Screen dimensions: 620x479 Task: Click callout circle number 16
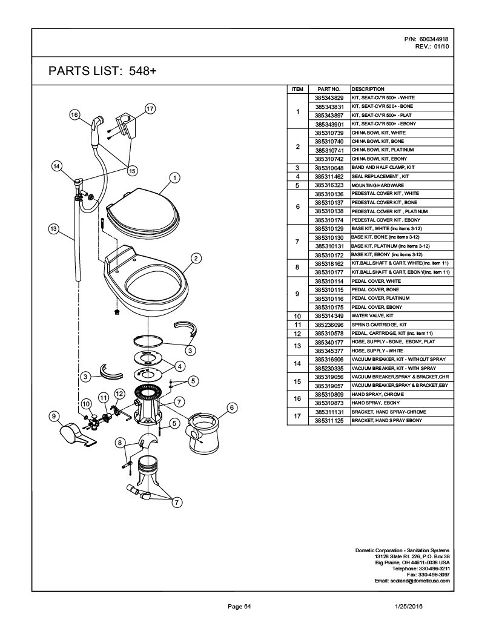75,114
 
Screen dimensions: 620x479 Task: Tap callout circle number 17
150,109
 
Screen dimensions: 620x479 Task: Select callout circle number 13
53,228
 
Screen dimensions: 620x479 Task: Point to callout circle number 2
196,259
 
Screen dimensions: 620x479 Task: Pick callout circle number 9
55,416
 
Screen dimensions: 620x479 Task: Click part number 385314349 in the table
329,316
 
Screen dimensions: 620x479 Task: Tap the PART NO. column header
329,89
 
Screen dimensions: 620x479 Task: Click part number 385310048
329,167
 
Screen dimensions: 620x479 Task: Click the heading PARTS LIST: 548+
102,71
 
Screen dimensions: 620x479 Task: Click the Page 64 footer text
239,606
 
